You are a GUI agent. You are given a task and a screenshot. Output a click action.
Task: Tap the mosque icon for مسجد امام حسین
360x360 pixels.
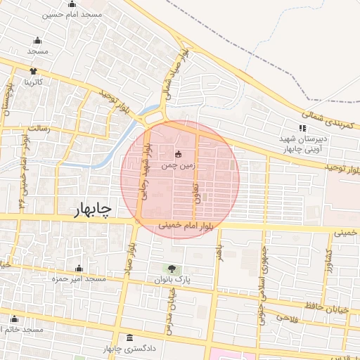(x=72, y=5)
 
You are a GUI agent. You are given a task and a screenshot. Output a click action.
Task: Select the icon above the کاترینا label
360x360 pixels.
(x=33, y=72)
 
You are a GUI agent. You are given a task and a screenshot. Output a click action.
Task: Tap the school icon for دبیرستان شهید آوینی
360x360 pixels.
(x=302, y=128)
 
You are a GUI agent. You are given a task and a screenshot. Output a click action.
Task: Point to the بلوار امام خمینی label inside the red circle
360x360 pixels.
(x=167, y=226)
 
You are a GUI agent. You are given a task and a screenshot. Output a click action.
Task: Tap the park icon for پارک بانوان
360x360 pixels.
(x=172, y=268)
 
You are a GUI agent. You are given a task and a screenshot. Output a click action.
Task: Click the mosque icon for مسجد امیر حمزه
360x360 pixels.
(x=79, y=268)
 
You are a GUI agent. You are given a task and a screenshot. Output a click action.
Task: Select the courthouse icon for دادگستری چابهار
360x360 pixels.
(x=129, y=338)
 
